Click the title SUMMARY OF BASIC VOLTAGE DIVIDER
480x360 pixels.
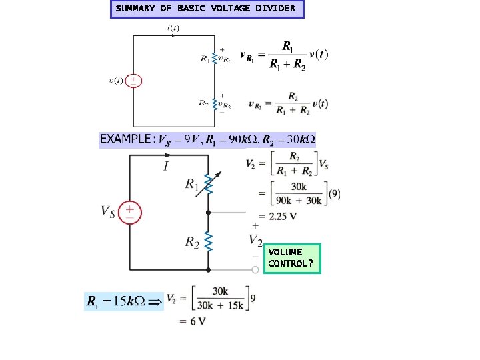pos(207,9)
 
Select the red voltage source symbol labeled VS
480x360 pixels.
pos(130,213)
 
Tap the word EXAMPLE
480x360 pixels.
pos(125,139)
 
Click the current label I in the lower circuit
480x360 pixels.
pos(165,165)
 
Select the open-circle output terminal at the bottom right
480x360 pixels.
pos(255,270)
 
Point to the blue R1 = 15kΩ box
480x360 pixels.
pos(124,301)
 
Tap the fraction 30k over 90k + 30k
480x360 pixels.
pos(298,194)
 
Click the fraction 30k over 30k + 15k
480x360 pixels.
pos(220,297)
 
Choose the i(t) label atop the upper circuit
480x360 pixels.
pos(173,28)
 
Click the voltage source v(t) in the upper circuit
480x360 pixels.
pos(134,81)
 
